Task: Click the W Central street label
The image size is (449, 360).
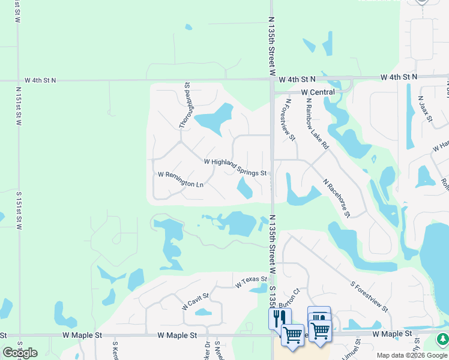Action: click(x=318, y=92)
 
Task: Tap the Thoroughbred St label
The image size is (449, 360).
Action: click(x=184, y=106)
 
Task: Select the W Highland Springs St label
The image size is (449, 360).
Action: click(x=235, y=167)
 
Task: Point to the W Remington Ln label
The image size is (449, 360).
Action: click(x=180, y=179)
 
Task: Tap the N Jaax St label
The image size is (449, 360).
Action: click(x=425, y=109)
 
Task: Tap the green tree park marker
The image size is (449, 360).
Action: click(x=442, y=339)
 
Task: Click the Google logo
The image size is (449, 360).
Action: click(x=20, y=353)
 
